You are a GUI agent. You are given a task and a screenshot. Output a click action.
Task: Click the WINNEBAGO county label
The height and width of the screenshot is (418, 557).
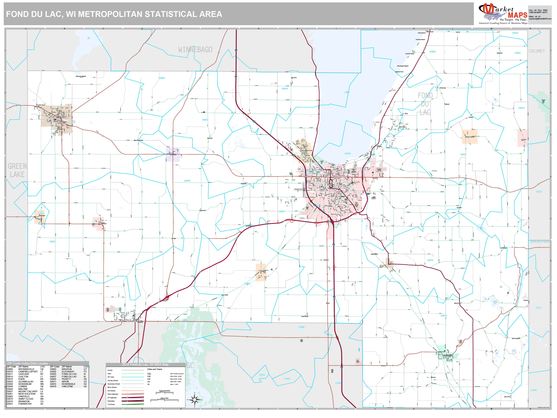(195, 50)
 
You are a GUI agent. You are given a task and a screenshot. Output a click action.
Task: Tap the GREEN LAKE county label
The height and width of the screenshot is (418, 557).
(17, 170)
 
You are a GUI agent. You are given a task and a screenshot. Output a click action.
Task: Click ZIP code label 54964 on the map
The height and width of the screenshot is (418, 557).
(162, 78)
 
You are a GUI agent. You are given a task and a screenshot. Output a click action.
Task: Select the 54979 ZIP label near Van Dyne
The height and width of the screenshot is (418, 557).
(284, 89)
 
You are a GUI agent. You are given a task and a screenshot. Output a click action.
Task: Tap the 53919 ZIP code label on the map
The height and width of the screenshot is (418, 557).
(52, 242)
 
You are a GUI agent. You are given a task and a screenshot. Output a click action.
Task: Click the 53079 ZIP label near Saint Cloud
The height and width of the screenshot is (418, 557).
(521, 108)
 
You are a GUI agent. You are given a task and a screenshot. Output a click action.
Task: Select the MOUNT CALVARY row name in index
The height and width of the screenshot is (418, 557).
(28, 391)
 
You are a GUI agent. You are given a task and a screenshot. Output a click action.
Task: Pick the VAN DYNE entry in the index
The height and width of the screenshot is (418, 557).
(67, 386)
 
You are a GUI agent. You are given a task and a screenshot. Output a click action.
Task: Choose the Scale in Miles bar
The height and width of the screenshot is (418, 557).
(164, 400)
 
